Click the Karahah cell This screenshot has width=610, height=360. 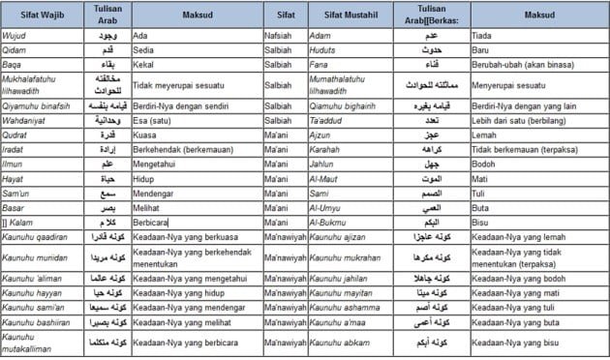[327, 151]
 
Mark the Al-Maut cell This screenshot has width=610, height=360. [325, 179]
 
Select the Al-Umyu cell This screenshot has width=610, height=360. [326, 207]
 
